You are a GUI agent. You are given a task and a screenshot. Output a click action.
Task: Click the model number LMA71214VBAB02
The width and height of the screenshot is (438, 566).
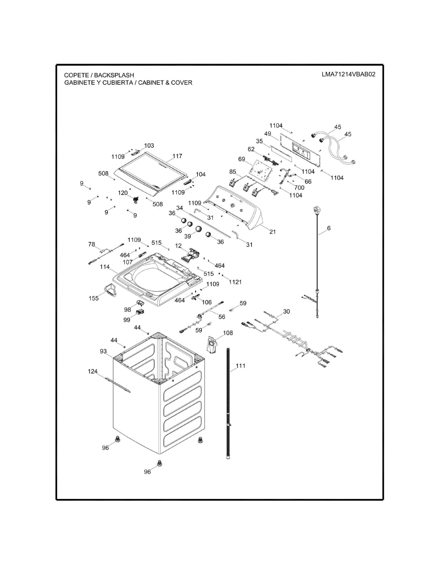(349, 74)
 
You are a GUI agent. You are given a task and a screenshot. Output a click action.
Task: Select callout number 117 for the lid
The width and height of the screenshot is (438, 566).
(177, 156)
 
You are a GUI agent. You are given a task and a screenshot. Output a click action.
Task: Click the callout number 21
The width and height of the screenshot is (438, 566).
(272, 232)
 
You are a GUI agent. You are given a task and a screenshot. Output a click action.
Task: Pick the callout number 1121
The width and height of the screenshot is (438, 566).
(235, 282)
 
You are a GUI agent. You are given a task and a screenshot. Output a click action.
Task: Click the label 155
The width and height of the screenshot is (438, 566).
(94, 298)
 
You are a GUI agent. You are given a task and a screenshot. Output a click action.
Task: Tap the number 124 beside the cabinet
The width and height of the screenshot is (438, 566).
(93, 371)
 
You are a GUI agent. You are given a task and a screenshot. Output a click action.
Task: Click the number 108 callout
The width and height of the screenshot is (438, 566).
(228, 333)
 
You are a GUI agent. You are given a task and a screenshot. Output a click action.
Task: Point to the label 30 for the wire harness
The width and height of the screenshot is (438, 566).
(287, 311)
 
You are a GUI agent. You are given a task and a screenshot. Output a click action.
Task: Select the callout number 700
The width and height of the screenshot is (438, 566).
(299, 187)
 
